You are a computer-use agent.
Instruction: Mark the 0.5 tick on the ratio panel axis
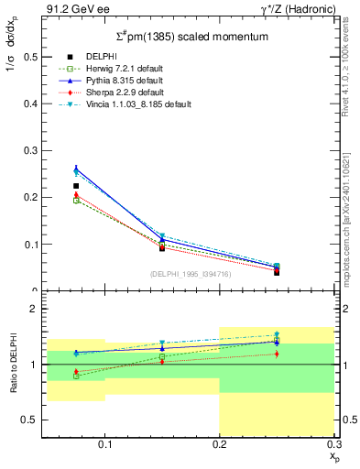click(x=30, y=420)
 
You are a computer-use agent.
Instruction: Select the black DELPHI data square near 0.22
click(x=76, y=186)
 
